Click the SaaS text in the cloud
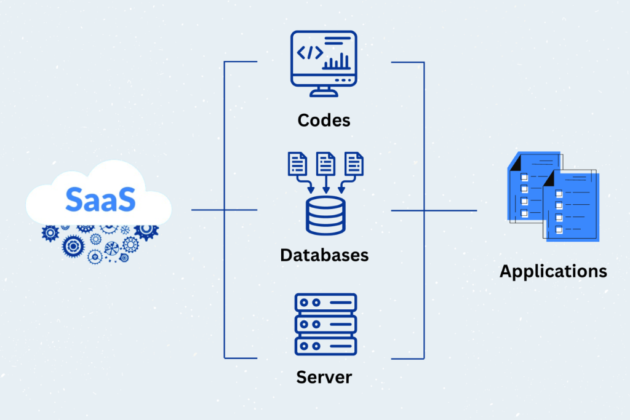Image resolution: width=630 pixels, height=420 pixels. pos(98,200)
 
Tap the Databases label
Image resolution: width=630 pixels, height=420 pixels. pos(324,255)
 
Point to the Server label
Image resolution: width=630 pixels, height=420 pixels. pos(324,376)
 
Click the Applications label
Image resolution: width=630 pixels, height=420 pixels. pos(553,271)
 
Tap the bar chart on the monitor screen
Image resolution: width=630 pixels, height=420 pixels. pos(337,61)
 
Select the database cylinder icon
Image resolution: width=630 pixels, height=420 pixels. pos(324,217)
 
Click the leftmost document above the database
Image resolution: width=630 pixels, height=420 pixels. pos(297,164)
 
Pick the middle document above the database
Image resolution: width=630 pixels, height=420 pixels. pos(324,164)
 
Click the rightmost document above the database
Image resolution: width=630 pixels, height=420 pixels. pos(354,164)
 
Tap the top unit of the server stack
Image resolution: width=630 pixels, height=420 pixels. pos(325,303)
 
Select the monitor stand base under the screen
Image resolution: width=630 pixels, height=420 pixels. pos(324,94)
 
